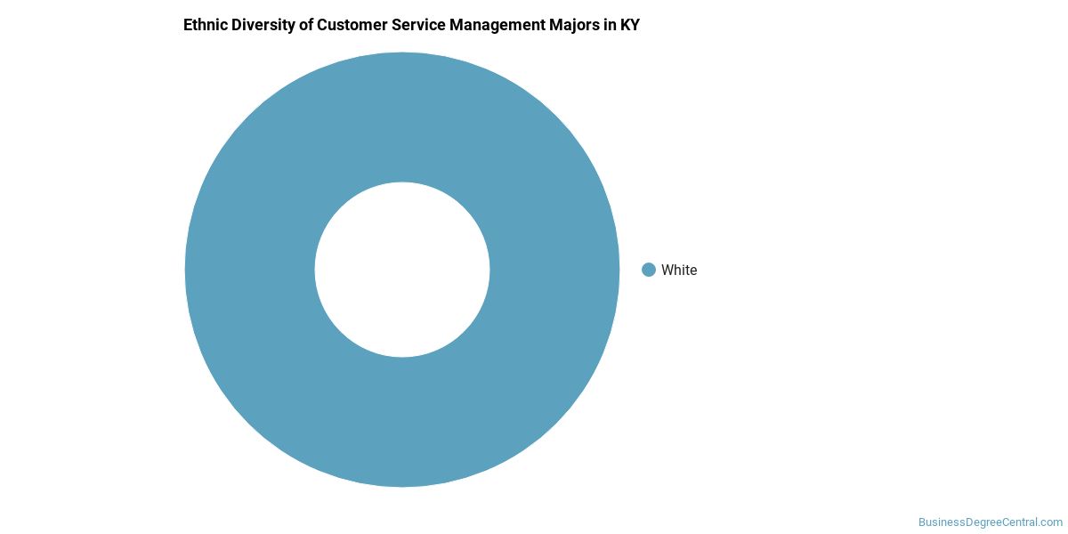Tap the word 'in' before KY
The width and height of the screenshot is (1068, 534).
point(610,25)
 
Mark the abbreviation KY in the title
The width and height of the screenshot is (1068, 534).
point(630,25)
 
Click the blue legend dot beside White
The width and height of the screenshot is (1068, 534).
point(649,270)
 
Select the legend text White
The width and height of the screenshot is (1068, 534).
point(679,271)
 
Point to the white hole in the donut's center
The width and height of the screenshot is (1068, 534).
point(402,270)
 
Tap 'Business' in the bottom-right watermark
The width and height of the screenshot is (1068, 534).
point(940,522)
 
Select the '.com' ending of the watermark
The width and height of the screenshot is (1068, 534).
point(1050,522)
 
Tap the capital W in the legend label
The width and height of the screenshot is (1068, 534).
point(667,271)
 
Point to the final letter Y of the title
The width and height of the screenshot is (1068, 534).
point(635,25)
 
